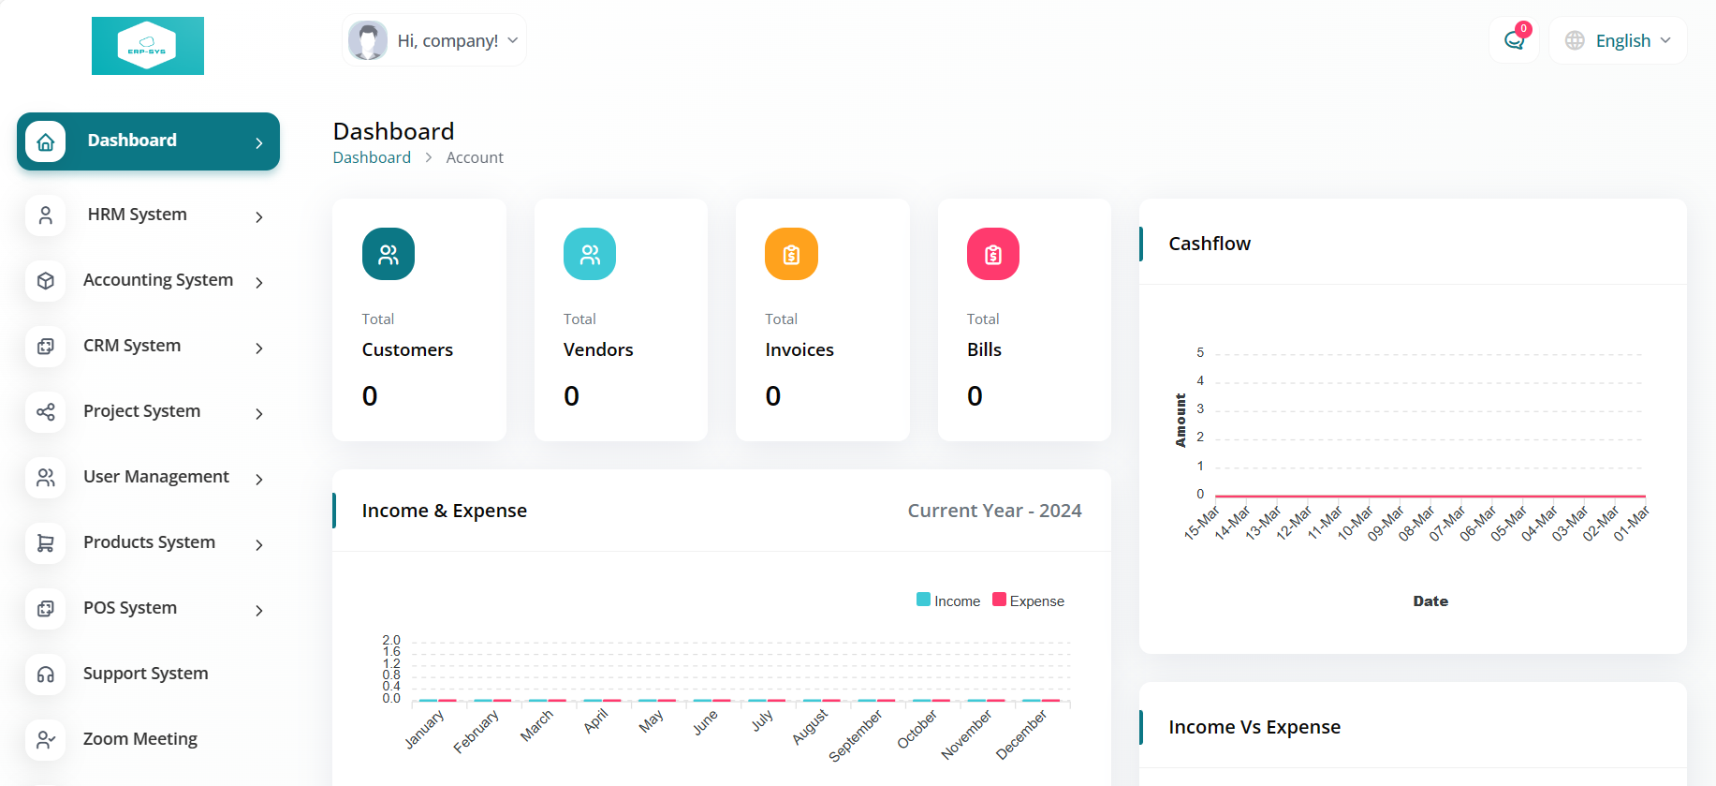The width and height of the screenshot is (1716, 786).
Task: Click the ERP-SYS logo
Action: click(148, 46)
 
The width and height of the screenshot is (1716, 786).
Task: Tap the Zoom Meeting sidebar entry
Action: click(140, 739)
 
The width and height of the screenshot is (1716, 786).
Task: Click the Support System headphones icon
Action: click(45, 674)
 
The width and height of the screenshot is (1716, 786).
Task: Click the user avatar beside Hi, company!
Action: click(368, 40)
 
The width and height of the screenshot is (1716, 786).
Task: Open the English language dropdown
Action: click(1618, 40)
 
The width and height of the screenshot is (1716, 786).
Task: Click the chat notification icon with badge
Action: click(1515, 40)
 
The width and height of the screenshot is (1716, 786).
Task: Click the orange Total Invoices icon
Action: click(791, 254)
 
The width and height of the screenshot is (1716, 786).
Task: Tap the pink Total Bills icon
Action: click(993, 254)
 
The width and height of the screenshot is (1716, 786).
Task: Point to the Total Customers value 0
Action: click(370, 396)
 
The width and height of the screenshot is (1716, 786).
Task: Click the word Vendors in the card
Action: click(598, 349)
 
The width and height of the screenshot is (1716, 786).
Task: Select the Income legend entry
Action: click(948, 601)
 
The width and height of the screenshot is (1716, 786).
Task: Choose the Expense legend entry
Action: click(1028, 601)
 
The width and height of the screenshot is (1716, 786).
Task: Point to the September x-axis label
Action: click(856, 735)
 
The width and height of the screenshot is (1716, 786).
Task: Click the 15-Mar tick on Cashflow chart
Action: click(1202, 523)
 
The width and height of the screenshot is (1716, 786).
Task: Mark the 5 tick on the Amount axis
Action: click(1200, 352)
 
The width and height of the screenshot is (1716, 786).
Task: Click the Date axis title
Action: click(1430, 601)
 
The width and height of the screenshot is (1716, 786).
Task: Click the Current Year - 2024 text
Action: click(994, 511)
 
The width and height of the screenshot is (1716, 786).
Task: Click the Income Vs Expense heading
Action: click(1254, 727)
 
